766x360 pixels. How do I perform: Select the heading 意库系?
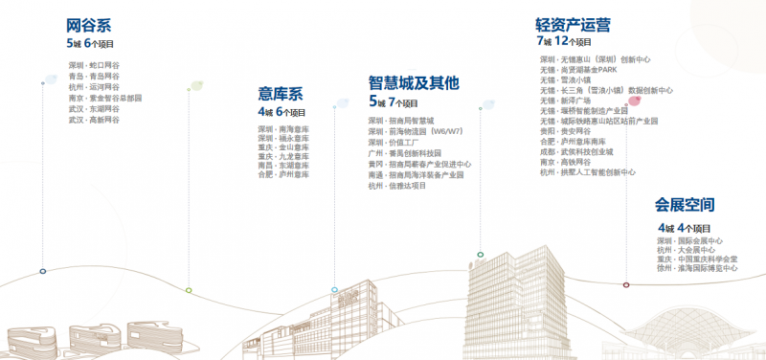[280, 94]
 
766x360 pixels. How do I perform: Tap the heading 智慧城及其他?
[413, 84]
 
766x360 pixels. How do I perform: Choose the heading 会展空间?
[685, 206]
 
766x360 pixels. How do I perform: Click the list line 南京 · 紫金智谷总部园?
[105, 98]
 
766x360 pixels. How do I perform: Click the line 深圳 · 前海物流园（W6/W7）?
[415, 131]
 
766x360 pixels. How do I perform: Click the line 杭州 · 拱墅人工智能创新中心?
[588, 172]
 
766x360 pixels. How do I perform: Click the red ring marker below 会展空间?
[626, 284]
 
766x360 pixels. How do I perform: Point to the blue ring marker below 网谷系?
[43, 272]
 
